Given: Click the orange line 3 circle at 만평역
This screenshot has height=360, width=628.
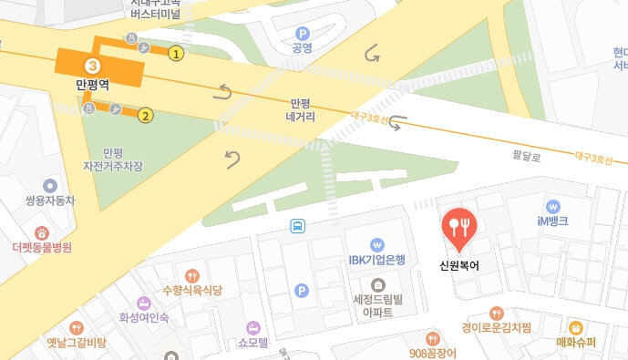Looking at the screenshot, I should pyautogui.click(x=92, y=65).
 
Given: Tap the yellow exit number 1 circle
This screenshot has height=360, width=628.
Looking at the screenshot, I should pyautogui.click(x=177, y=54).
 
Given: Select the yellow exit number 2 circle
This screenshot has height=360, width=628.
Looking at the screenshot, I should pyautogui.click(x=145, y=116).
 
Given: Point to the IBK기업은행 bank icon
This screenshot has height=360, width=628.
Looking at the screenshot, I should pyautogui.click(x=376, y=244).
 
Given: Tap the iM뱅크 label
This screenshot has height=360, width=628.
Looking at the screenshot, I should pyautogui.click(x=553, y=221).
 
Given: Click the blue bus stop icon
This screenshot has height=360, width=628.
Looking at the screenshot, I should pyautogui.click(x=297, y=225).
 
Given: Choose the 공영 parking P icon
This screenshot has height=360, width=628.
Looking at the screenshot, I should pyautogui.click(x=302, y=33).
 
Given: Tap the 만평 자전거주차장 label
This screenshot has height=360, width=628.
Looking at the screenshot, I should pyautogui.click(x=113, y=160).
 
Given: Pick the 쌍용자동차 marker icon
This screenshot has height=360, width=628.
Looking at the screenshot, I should pyautogui.click(x=50, y=186).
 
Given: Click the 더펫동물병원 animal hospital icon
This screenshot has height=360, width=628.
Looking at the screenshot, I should pyautogui.click(x=42, y=233).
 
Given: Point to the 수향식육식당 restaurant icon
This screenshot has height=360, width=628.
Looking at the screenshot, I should pyautogui.click(x=191, y=275).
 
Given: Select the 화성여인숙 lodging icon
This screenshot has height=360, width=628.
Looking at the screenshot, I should pyautogui.click(x=144, y=303).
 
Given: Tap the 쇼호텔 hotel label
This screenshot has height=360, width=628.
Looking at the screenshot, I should pyautogui.click(x=253, y=343).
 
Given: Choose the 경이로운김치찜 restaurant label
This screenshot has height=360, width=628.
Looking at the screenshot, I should pyautogui.click(x=497, y=328).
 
